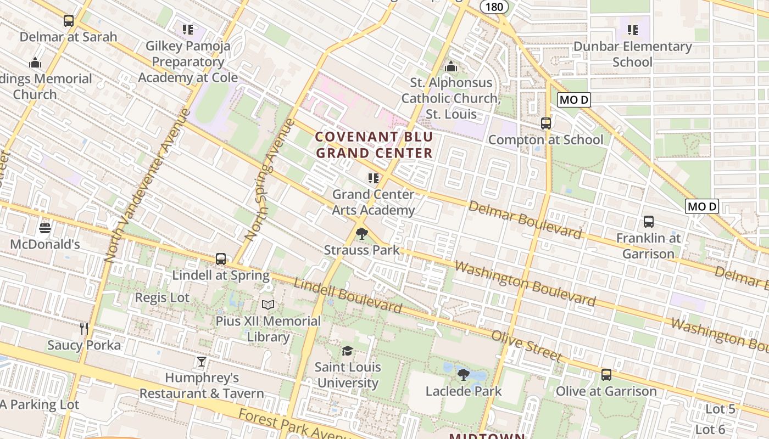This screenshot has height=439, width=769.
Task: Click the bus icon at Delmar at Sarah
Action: (69, 21)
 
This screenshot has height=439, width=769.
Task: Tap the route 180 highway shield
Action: (494, 6)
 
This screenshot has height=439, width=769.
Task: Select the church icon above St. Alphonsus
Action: (451, 67)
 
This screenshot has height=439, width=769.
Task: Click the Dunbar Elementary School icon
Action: (632, 30)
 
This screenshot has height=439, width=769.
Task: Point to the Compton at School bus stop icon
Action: (545, 123)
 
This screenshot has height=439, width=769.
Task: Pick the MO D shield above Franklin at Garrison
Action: (702, 206)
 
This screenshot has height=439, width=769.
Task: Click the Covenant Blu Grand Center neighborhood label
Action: (374, 145)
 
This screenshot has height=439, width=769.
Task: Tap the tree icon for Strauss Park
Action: (361, 234)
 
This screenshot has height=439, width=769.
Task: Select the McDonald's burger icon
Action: (45, 228)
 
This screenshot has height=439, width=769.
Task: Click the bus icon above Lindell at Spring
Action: (221, 259)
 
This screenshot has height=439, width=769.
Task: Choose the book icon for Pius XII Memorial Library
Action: (268, 305)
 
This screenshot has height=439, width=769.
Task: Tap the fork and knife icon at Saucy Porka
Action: (83, 329)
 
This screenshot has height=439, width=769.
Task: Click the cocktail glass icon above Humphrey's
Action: (202, 362)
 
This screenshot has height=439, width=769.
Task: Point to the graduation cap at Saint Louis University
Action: (347, 351)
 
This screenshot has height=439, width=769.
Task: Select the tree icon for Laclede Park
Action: (463, 375)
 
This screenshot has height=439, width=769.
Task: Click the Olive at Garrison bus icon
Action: (606, 375)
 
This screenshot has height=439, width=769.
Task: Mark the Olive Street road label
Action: (526, 346)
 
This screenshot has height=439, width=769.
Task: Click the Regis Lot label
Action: (162, 298)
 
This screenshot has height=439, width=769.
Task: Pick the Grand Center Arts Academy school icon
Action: (374, 178)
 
